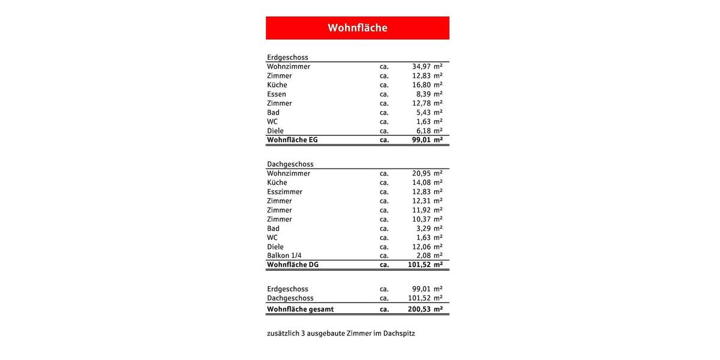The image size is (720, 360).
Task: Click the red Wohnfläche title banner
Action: pos(357,28)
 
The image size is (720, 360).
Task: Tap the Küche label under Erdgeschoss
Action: pos(277,85)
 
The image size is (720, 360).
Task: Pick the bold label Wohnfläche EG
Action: pos(292,140)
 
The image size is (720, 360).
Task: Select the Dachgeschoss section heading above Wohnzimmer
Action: pos(290,164)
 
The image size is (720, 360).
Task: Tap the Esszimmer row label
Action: pos(284,192)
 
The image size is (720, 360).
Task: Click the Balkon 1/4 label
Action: pos(284,256)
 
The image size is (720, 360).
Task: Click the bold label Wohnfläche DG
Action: pos(293,265)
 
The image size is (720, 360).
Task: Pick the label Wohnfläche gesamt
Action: pos(300,310)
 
